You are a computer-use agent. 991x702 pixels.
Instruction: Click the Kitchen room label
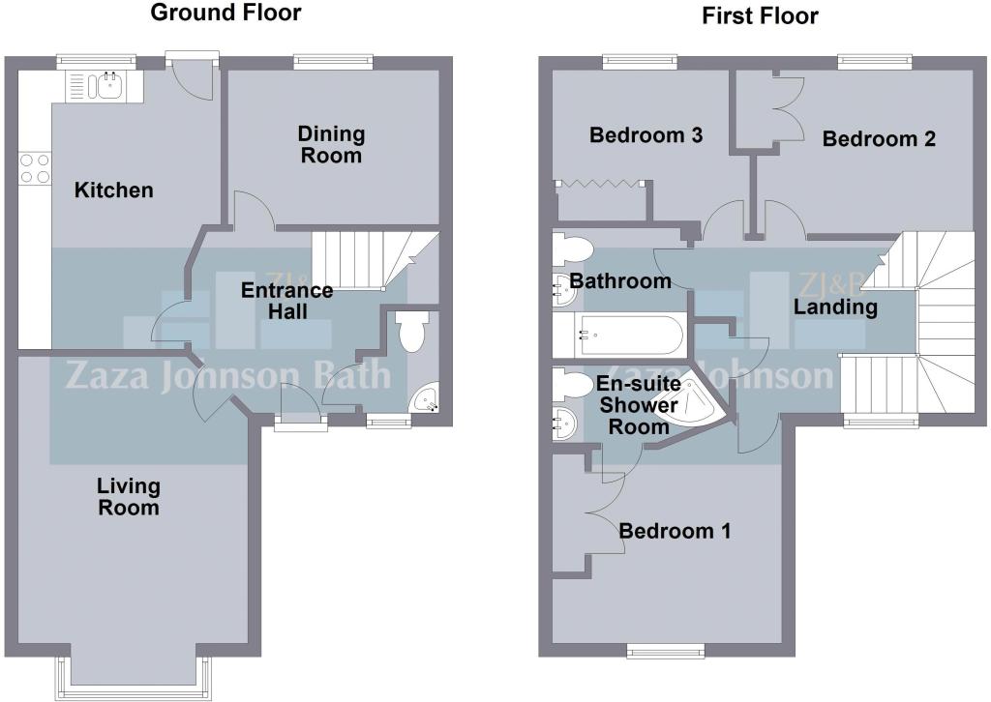tap(114, 190)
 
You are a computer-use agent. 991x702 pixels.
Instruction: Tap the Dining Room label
tap(331, 145)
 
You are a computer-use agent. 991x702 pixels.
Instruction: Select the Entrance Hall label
tap(286, 301)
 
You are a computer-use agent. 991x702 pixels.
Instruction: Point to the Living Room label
tap(129, 497)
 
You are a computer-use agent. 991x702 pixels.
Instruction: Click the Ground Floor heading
tap(225, 13)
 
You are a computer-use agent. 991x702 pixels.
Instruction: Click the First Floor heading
tap(760, 15)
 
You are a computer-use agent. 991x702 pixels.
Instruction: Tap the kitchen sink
tap(105, 86)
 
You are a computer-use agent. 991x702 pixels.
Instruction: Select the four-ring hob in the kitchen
tap(35, 168)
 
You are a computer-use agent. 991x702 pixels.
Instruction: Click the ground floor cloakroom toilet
tap(410, 333)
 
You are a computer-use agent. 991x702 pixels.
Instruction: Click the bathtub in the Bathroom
tap(618, 335)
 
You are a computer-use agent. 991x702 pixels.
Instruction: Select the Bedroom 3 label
tap(646, 135)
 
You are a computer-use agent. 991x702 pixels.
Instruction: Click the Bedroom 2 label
tap(879, 139)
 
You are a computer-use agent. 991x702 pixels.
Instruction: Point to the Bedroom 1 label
tap(675, 531)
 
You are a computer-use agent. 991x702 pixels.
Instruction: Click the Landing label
tap(835, 307)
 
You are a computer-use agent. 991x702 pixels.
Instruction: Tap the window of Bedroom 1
tap(666, 651)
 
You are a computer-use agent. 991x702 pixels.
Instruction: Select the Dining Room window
tap(334, 61)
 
